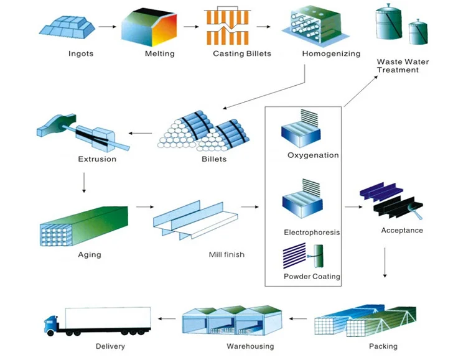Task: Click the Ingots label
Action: [81, 53]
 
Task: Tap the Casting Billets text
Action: [242, 53]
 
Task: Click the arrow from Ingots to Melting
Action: [108, 27]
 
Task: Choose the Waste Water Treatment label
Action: [403, 66]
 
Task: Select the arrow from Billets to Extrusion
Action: [141, 132]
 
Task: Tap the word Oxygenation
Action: [313, 155]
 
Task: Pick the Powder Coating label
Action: [312, 276]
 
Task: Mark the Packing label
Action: [383, 346]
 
